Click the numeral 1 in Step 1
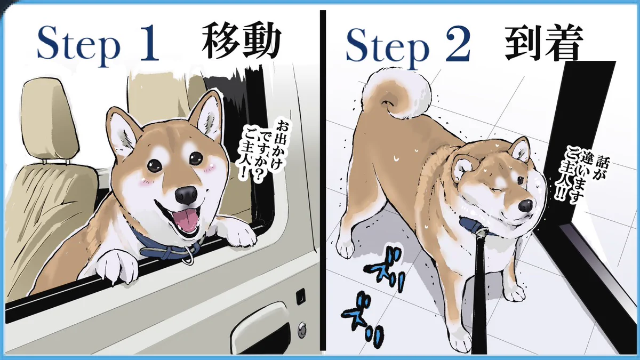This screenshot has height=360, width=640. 148,43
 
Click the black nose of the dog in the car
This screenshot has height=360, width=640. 186,195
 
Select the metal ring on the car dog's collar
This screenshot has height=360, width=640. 189,256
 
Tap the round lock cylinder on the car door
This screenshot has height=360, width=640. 302,327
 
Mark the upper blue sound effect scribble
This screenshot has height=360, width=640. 385,268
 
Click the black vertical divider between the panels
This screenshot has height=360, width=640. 323,180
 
